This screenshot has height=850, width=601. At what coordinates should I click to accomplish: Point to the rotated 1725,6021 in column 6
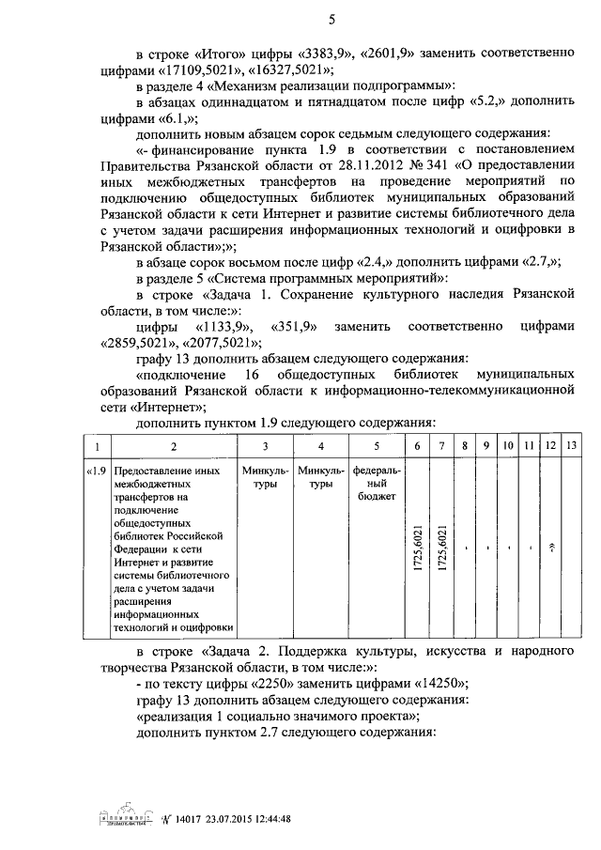(417, 547)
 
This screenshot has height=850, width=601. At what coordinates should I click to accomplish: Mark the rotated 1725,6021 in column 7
(441, 547)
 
